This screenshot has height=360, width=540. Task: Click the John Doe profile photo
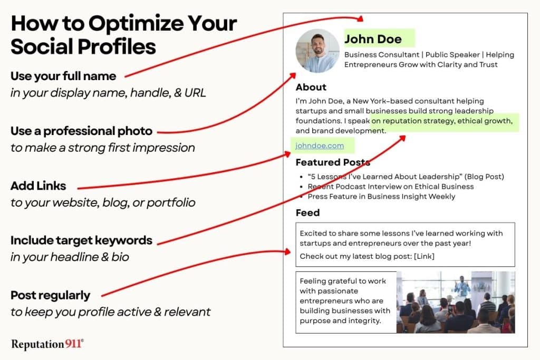click(x=317, y=51)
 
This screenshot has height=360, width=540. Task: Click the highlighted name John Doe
click(x=373, y=39)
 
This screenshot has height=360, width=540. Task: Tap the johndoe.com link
click(x=320, y=145)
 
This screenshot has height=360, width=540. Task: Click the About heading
click(x=311, y=87)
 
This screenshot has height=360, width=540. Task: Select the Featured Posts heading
click(x=333, y=162)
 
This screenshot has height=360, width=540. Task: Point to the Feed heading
click(x=307, y=212)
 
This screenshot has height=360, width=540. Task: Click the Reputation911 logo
click(x=47, y=344)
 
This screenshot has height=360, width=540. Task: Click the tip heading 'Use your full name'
click(x=63, y=76)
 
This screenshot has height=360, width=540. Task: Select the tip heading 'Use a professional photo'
click(x=81, y=131)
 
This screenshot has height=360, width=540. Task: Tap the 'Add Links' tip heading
click(x=38, y=186)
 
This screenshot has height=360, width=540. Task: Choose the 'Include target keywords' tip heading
click(x=81, y=240)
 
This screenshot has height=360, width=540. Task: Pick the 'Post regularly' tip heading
click(x=50, y=295)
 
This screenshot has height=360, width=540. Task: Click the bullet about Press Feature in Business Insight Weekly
click(x=381, y=196)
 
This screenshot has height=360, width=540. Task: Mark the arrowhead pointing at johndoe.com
click(x=288, y=154)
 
